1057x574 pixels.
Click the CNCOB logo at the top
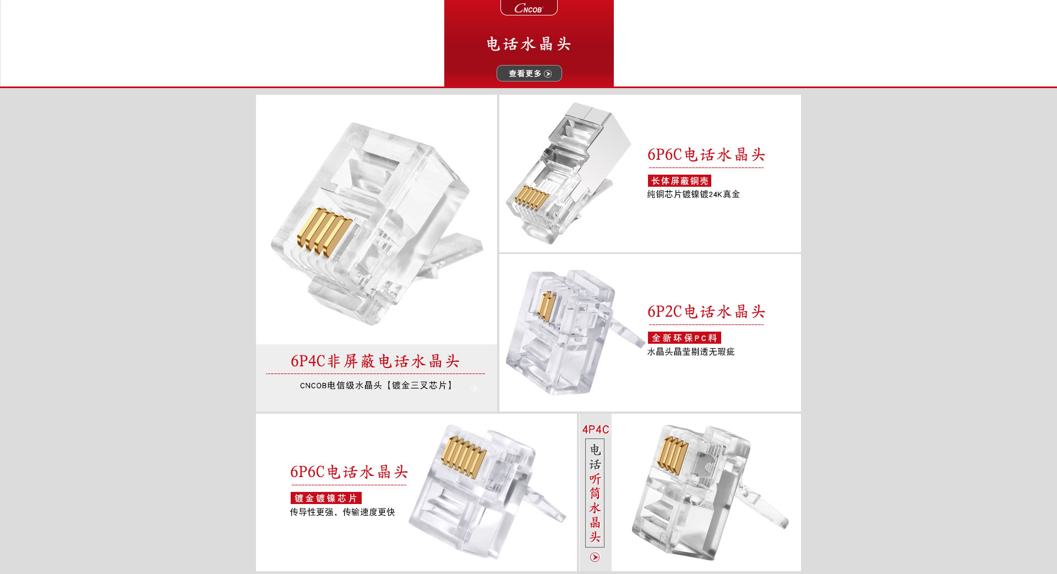pyautogui.click(x=528, y=8)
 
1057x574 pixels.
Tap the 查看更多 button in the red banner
pyautogui.click(x=529, y=73)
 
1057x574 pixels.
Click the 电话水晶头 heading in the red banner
pyautogui.click(x=528, y=44)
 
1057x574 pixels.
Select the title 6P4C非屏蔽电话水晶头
pyautogui.click(x=375, y=361)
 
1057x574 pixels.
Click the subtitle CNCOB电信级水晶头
pyautogui.click(x=341, y=386)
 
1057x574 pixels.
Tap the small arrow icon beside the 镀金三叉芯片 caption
pyautogui.click(x=475, y=388)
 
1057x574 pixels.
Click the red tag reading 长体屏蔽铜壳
pyautogui.click(x=679, y=181)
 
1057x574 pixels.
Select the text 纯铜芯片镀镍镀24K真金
pyautogui.click(x=693, y=194)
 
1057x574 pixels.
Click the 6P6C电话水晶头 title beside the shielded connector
pyautogui.click(x=706, y=155)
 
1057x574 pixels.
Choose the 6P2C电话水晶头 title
pyautogui.click(x=706, y=312)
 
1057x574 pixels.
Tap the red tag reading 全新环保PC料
pyautogui.click(x=684, y=338)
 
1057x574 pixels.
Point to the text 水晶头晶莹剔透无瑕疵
pyautogui.click(x=690, y=352)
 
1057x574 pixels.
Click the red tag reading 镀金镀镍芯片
pyautogui.click(x=326, y=498)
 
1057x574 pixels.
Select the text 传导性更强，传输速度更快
pyautogui.click(x=342, y=512)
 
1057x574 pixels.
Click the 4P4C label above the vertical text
pyautogui.click(x=595, y=430)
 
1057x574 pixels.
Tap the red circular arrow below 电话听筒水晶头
pyautogui.click(x=595, y=557)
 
